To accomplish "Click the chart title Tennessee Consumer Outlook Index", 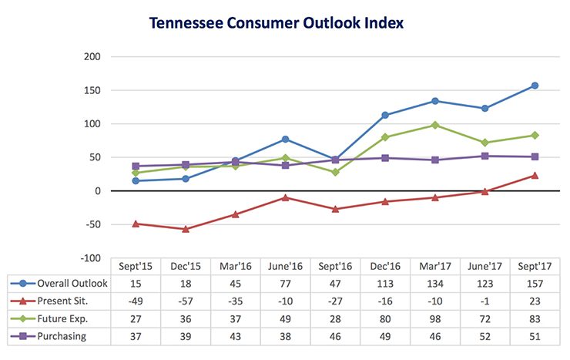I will click(276, 23).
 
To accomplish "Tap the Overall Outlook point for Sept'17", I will click(535, 86).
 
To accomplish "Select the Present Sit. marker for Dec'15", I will click(186, 229).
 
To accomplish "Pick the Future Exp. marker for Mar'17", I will click(435, 125).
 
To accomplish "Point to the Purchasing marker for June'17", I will click(485, 156).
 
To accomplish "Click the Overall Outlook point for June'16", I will click(286, 139).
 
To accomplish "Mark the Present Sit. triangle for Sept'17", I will click(535, 176).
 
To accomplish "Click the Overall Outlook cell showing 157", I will click(535, 284).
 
